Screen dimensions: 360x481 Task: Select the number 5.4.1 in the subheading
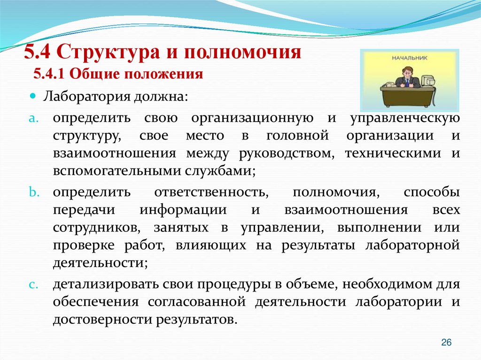[x=48, y=74]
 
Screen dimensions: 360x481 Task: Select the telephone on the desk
[x=390, y=84]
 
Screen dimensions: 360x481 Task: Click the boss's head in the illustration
[x=407, y=72]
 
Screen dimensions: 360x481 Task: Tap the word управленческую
[x=405, y=117]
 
